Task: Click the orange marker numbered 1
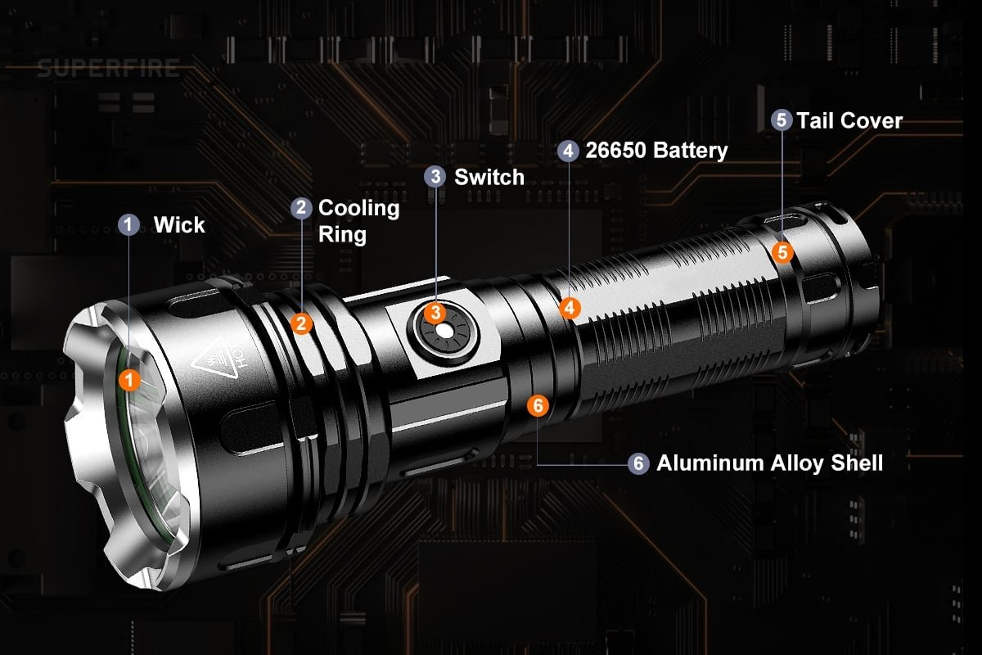pyautogui.click(x=129, y=380)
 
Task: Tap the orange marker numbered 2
pyautogui.click(x=301, y=323)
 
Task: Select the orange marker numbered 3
pyautogui.click(x=435, y=313)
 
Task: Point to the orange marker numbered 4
pyautogui.click(x=570, y=308)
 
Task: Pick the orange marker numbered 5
pyautogui.click(x=782, y=252)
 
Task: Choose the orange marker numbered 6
pyautogui.click(x=538, y=405)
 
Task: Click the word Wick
pyautogui.click(x=179, y=225)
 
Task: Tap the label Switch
pyautogui.click(x=489, y=177)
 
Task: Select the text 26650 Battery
pyautogui.click(x=656, y=151)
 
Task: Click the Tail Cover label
pyautogui.click(x=849, y=120)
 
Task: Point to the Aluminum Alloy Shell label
pyautogui.click(x=769, y=463)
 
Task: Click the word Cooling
pyautogui.click(x=359, y=209)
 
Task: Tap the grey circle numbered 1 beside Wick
pyautogui.click(x=128, y=224)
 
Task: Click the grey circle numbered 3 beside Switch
pyautogui.click(x=435, y=176)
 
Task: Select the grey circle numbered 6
pyautogui.click(x=638, y=463)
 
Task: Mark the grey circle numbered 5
pyautogui.click(x=782, y=120)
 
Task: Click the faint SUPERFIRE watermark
pyautogui.click(x=108, y=69)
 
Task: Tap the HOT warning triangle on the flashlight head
pyautogui.click(x=215, y=358)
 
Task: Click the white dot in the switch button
pyautogui.click(x=444, y=332)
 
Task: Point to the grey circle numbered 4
pyautogui.click(x=568, y=151)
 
